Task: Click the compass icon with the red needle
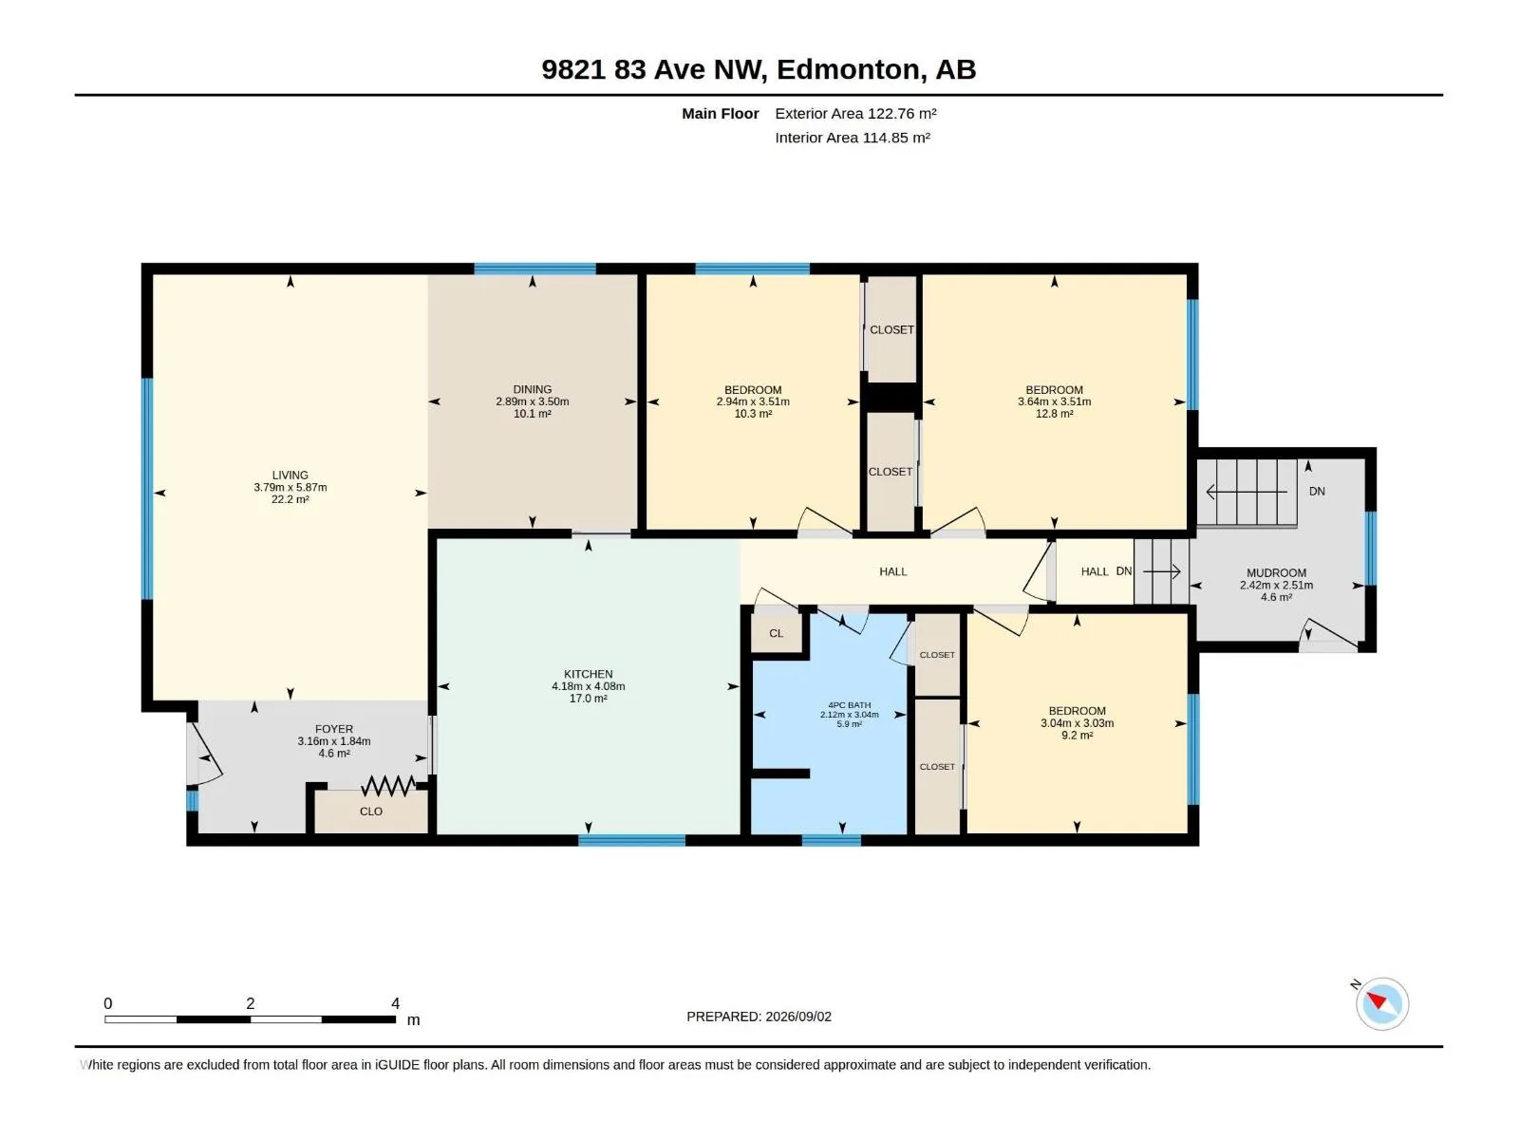point(1381,1002)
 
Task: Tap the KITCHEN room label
point(589,674)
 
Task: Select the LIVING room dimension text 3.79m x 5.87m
point(290,487)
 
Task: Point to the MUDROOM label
point(1276,572)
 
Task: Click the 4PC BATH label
point(849,704)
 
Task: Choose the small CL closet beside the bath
point(777,633)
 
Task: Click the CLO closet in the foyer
point(371,812)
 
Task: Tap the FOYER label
point(333,729)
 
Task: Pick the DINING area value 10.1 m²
point(533,414)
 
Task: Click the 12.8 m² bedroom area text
point(1054,414)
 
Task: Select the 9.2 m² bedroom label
point(1077,735)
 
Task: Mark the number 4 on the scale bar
point(395,1002)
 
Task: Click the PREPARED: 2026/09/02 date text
point(759,1016)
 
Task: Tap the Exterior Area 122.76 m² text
point(855,113)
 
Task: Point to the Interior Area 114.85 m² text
point(852,138)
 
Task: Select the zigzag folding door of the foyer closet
point(388,785)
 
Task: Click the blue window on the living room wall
point(147,488)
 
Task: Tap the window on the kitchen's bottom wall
point(632,840)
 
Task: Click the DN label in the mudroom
point(1316,491)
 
